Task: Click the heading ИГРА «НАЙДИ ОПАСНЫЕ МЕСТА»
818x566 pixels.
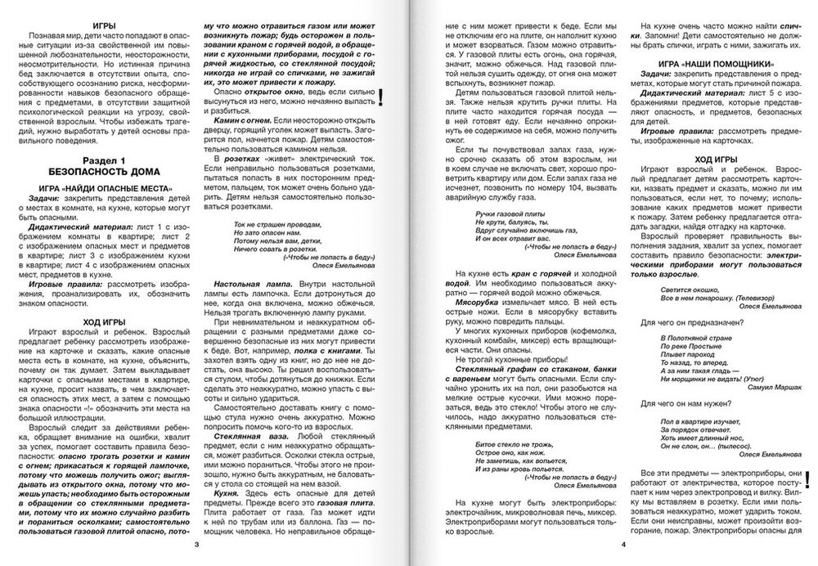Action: click(x=105, y=190)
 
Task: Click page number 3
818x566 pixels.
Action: click(x=194, y=544)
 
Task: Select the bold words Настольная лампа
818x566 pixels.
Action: click(x=244, y=281)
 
